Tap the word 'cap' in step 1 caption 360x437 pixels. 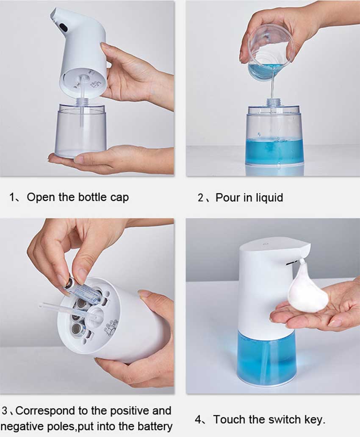(119, 198)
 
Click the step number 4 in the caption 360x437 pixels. (198, 420)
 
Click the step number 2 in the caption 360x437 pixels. (201, 198)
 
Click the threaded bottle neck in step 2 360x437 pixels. (274, 103)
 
